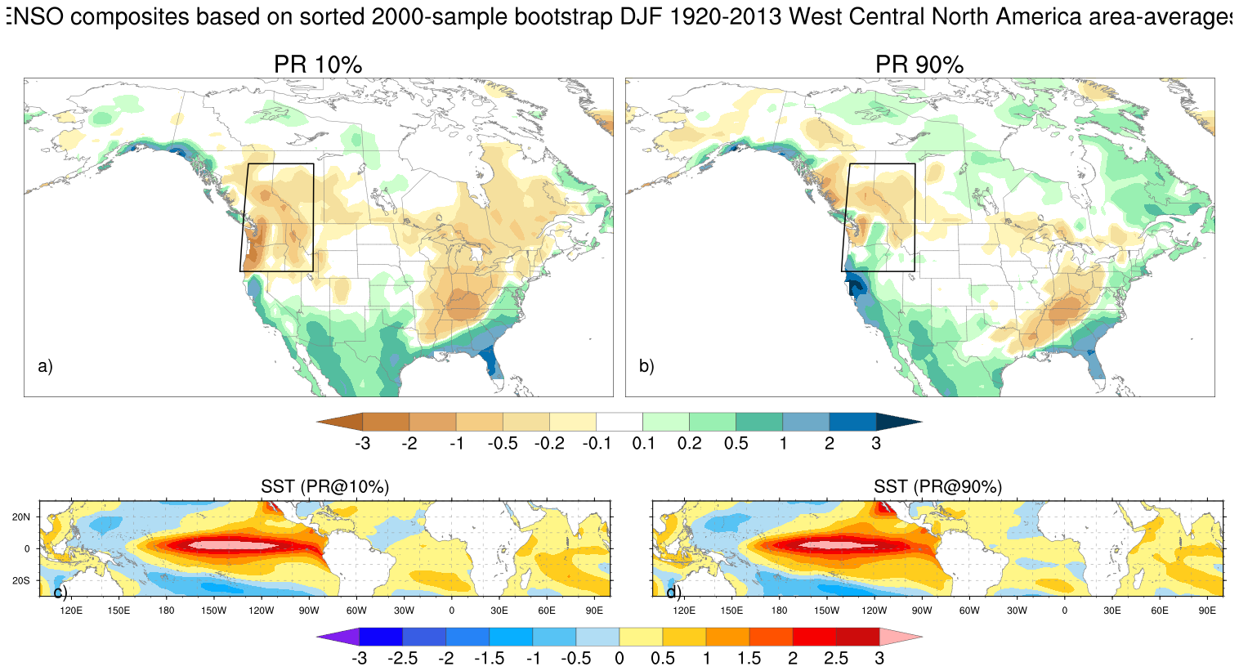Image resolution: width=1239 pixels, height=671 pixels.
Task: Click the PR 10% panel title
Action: pos(317,65)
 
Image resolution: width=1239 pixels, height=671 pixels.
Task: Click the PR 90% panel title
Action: pos(919,65)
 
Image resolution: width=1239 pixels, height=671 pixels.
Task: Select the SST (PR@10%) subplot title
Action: pos(324,486)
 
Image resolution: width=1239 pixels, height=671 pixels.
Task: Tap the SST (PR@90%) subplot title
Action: pos(937,486)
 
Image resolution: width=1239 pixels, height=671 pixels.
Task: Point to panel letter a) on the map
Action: pos(45,366)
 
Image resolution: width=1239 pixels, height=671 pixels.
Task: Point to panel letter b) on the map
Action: pos(646,366)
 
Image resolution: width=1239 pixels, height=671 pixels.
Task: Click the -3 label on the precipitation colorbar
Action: pos(362,444)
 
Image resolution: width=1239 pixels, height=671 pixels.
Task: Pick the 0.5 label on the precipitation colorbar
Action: pos(736,444)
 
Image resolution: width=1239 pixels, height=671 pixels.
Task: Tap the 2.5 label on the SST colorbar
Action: pos(836,659)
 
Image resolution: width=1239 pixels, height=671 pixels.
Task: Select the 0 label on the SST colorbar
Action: pos(619,659)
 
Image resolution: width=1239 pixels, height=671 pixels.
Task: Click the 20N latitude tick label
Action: pos(22,517)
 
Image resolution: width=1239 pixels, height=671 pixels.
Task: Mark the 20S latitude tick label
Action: pos(22,580)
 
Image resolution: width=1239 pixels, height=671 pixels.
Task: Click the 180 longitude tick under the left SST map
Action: pos(166,611)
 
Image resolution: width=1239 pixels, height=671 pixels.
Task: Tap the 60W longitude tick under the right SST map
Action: pos(969,611)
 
